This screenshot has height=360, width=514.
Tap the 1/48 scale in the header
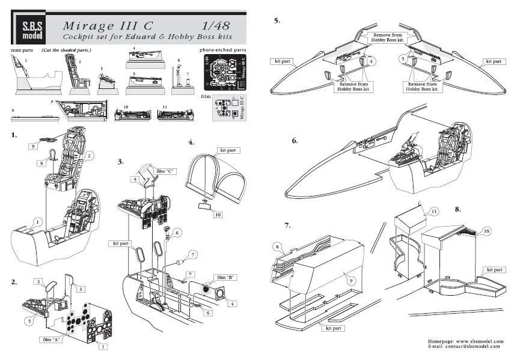[x=215, y=26]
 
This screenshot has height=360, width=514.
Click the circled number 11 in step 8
[x=433, y=212]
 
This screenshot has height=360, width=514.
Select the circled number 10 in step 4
[x=218, y=215]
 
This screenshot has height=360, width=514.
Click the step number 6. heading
[x=295, y=141]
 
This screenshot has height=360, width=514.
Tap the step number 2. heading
[x=14, y=281]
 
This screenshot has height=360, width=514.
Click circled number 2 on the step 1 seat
[x=89, y=155]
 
